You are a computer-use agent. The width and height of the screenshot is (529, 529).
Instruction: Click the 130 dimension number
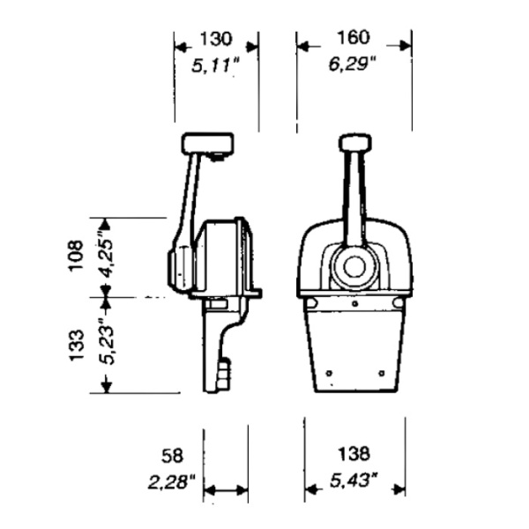click(216, 39)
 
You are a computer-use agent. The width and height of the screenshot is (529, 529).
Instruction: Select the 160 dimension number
click(354, 37)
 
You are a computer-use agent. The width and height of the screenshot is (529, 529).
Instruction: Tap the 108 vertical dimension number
click(76, 256)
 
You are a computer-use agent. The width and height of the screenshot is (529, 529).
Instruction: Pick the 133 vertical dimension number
click(76, 345)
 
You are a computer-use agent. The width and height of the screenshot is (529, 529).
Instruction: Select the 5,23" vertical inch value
click(107, 344)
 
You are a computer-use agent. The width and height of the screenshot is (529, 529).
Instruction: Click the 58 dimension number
click(172, 456)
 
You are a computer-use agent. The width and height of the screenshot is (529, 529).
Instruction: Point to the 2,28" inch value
click(172, 481)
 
